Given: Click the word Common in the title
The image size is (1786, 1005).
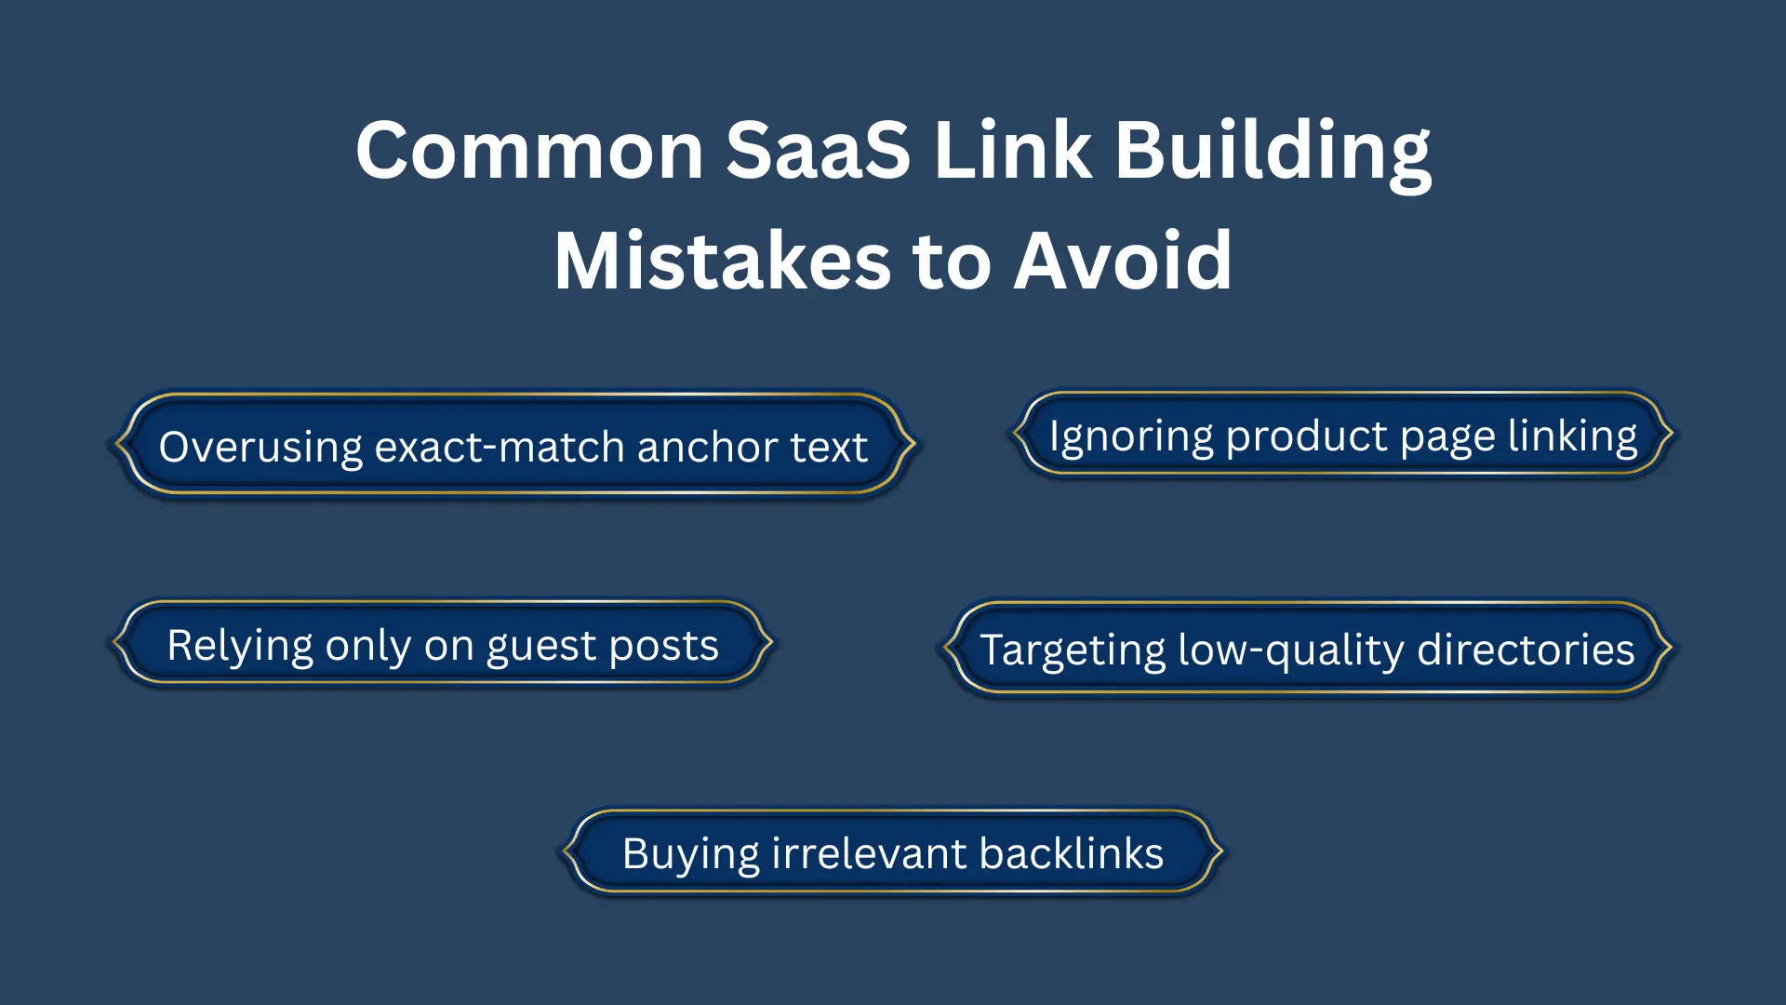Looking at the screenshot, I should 529,151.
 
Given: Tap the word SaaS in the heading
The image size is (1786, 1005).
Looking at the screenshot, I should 818,151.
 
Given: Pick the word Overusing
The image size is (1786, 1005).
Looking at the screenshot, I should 260,449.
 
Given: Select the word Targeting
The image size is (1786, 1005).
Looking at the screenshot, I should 1073,650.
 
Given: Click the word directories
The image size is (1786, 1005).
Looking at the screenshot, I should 1526,650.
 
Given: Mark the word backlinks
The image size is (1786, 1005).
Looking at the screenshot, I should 1071,853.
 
